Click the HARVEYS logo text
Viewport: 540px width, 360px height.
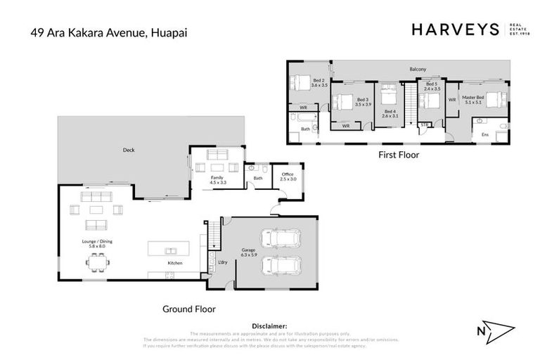[455, 30]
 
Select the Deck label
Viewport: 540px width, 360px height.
[129, 150]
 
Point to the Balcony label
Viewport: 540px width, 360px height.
[418, 69]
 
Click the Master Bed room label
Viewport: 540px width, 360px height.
[472, 99]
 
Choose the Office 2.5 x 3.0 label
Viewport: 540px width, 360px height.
[287, 176]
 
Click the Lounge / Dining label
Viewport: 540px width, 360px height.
[93, 243]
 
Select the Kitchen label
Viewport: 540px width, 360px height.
[175, 263]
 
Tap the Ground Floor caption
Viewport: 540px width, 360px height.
[189, 308]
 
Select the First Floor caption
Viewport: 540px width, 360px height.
[399, 154]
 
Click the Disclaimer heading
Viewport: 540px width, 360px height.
[269, 326]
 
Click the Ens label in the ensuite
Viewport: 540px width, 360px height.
[484, 134]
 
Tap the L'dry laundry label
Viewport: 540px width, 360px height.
[222, 262]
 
